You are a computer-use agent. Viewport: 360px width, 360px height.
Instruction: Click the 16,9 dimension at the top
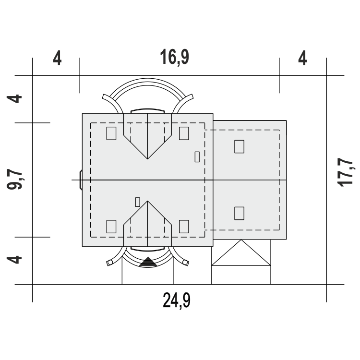(x=175, y=57)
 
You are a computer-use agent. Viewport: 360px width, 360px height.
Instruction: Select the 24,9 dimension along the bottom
(x=177, y=300)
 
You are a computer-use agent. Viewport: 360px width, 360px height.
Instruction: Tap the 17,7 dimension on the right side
(x=346, y=172)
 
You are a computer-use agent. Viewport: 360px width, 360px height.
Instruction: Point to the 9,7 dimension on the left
(x=15, y=179)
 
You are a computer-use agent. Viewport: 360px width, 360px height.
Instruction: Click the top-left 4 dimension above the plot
(x=57, y=58)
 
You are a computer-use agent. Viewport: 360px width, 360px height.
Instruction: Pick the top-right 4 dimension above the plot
(x=302, y=58)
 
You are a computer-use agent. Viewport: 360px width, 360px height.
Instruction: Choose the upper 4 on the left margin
(x=14, y=99)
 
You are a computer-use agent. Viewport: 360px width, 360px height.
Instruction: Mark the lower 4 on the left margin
(x=14, y=260)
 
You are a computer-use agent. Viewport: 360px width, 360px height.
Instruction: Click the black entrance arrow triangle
(x=148, y=262)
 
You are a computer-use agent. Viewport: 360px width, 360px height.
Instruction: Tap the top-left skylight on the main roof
(x=111, y=133)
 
